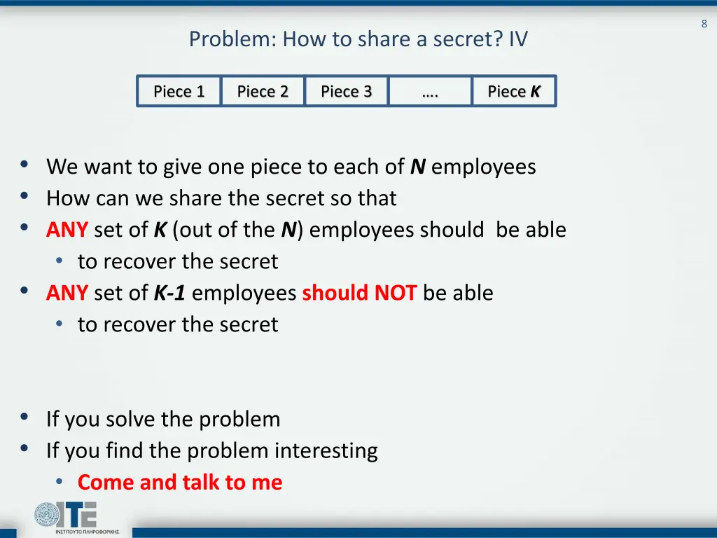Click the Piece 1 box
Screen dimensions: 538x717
coord(179,91)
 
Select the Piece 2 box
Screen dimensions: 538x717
coord(263,91)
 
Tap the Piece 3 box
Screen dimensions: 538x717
coord(346,91)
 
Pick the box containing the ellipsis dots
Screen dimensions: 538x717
coord(430,91)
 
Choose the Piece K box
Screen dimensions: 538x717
coord(514,91)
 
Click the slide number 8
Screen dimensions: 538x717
coord(704,24)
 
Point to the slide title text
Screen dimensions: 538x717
coord(358,39)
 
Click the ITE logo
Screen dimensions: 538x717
coord(66,517)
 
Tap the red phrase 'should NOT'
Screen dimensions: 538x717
coord(359,293)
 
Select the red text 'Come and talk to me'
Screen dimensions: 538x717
coord(180,482)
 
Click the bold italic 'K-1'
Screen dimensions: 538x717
coord(169,293)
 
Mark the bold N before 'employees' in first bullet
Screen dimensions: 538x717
coord(418,167)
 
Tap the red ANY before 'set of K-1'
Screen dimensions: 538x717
coord(67,293)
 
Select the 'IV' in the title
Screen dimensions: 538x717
coord(518,39)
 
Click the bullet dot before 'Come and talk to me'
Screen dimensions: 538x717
coord(60,481)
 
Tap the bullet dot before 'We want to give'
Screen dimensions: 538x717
coord(25,166)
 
